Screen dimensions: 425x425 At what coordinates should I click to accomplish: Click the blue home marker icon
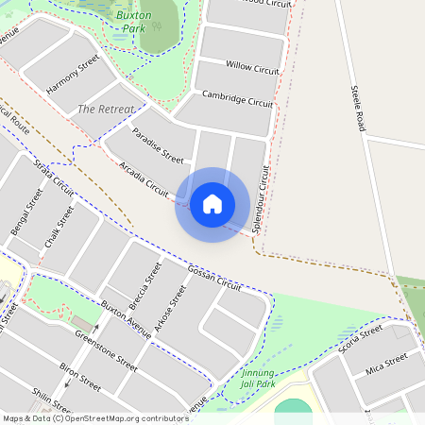pos(212,204)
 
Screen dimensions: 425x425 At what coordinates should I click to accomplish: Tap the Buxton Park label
pos(138,22)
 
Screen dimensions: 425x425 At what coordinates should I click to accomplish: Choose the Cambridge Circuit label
pos(238,99)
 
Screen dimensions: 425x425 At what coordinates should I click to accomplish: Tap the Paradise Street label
pos(158,144)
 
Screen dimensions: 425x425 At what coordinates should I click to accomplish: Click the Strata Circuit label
pos(54,178)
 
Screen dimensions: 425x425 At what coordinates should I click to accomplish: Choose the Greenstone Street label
pos(107,350)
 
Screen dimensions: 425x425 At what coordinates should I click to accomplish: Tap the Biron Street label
pos(80,374)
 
